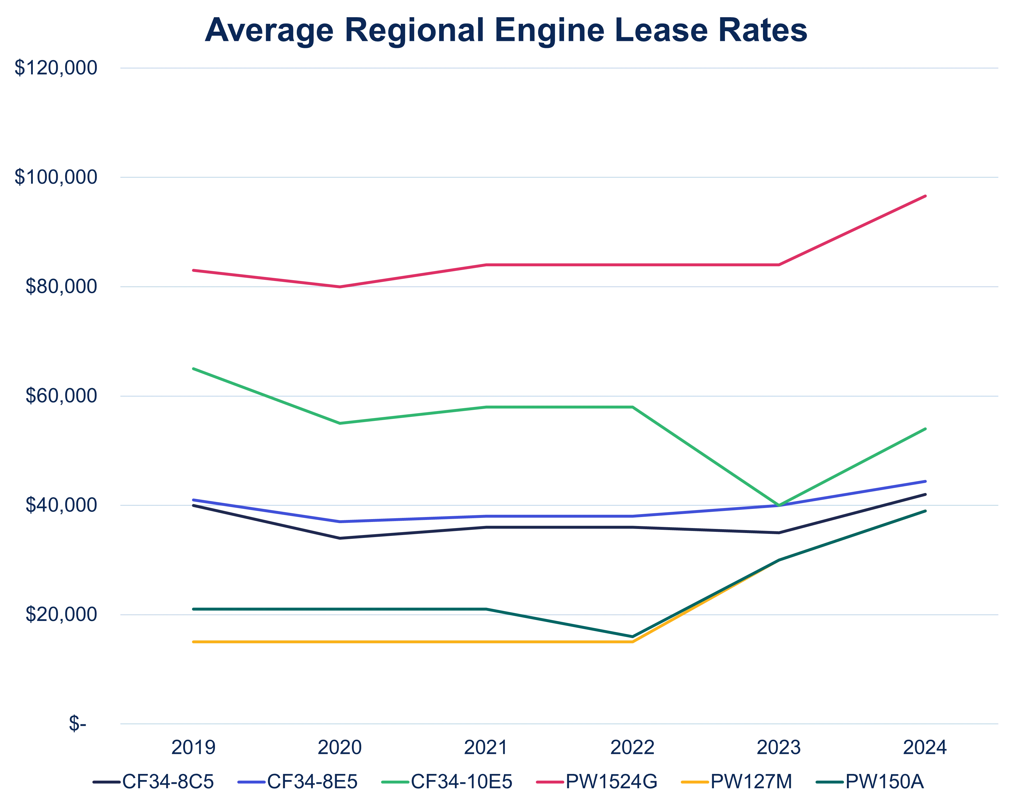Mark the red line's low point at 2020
click(x=340, y=287)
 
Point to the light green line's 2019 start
click(x=192, y=368)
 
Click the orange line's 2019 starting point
click(x=192, y=641)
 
